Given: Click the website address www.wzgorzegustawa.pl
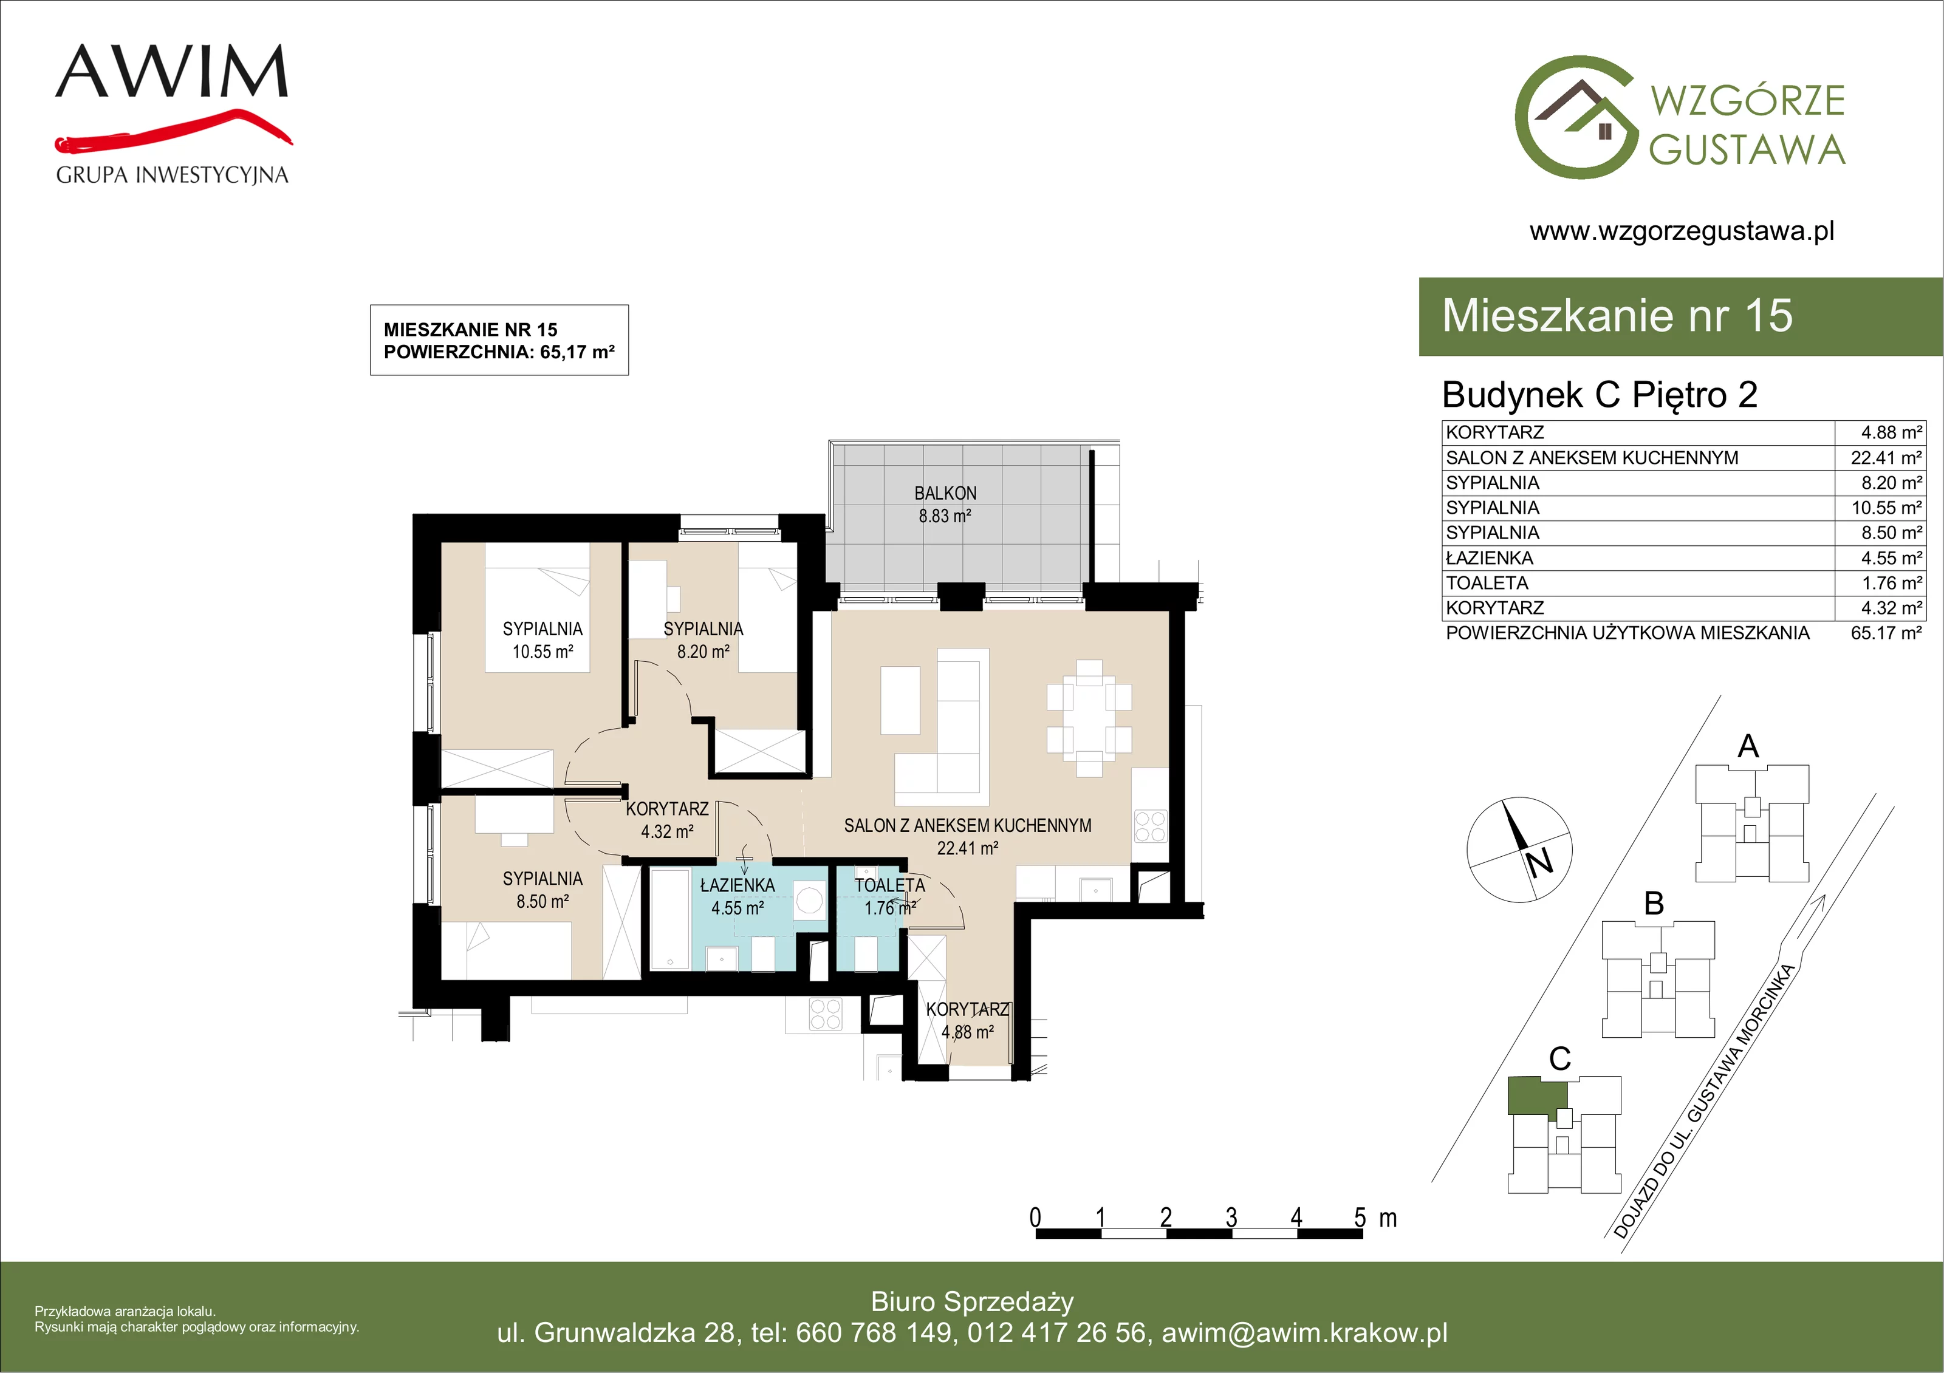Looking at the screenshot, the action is (1682, 231).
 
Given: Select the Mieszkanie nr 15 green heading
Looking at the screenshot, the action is (1617, 316).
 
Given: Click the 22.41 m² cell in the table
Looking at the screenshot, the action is (1886, 458).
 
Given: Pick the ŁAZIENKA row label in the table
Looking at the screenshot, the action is (1490, 558).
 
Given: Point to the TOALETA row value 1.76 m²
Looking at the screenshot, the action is (1891, 583).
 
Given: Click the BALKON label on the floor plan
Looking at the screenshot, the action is (945, 492).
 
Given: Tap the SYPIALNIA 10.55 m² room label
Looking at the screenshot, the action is (542, 640).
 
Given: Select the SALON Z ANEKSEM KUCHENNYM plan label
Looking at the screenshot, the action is (968, 825).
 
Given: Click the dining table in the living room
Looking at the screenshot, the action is (1089, 718).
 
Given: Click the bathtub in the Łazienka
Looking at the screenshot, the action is (671, 918).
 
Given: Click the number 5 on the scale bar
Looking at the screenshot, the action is (1360, 1218).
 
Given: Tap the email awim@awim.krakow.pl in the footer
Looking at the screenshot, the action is (1304, 1332).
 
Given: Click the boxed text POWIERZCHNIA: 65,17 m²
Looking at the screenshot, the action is (499, 352).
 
